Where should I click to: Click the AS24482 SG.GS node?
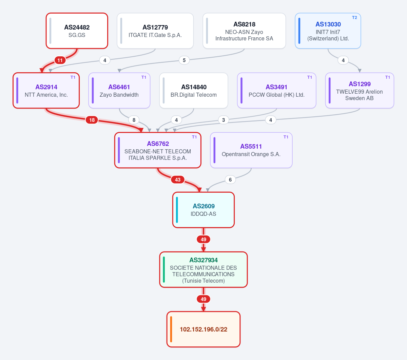pyautogui.click(x=77, y=31)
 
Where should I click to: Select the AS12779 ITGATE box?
pyautogui.click(x=155, y=31)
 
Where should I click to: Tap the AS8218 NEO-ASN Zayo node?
pyautogui.click(x=244, y=31)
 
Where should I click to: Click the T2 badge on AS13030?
pyautogui.click(x=354, y=18)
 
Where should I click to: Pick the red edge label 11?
pyautogui.click(x=60, y=60)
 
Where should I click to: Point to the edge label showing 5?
pyautogui.click(x=184, y=60)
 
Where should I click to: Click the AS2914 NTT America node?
pyautogui.click(x=46, y=91)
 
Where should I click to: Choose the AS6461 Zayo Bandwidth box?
pyautogui.click(x=119, y=91)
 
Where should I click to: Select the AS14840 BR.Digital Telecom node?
pyautogui.click(x=194, y=91)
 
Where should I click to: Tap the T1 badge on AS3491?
pyautogui.click(x=309, y=77)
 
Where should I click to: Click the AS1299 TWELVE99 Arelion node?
pyautogui.click(x=360, y=91)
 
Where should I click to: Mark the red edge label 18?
pyautogui.click(x=92, y=120)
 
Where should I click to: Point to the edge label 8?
pyautogui.click(x=134, y=120)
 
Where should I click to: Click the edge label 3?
pyautogui.click(x=224, y=120)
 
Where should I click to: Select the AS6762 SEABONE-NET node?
pyautogui.click(x=158, y=150)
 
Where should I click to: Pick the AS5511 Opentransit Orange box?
pyautogui.click(x=251, y=150)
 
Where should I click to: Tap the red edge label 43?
pyautogui.click(x=178, y=180)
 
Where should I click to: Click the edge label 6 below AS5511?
pyautogui.click(x=230, y=180)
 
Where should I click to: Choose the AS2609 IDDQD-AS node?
pyautogui.click(x=203, y=210)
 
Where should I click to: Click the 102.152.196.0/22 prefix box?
pyautogui.click(x=203, y=329)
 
